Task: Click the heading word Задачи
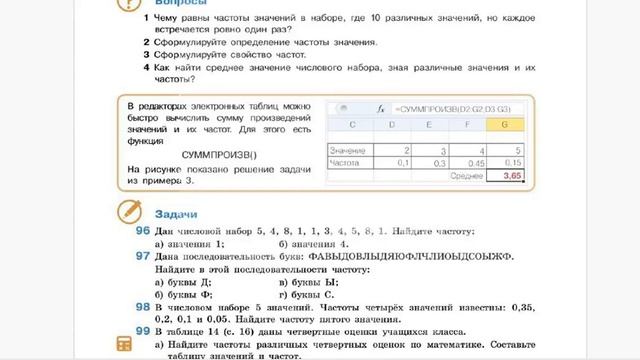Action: point(176,215)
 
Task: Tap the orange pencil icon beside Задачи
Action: point(128,211)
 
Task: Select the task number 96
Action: point(142,230)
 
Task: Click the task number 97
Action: point(142,256)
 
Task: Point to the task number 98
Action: point(142,308)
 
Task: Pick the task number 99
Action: point(142,328)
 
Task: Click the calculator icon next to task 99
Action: point(125,342)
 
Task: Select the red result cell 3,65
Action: point(513,175)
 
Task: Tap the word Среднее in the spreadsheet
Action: point(466,175)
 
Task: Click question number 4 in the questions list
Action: point(146,66)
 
